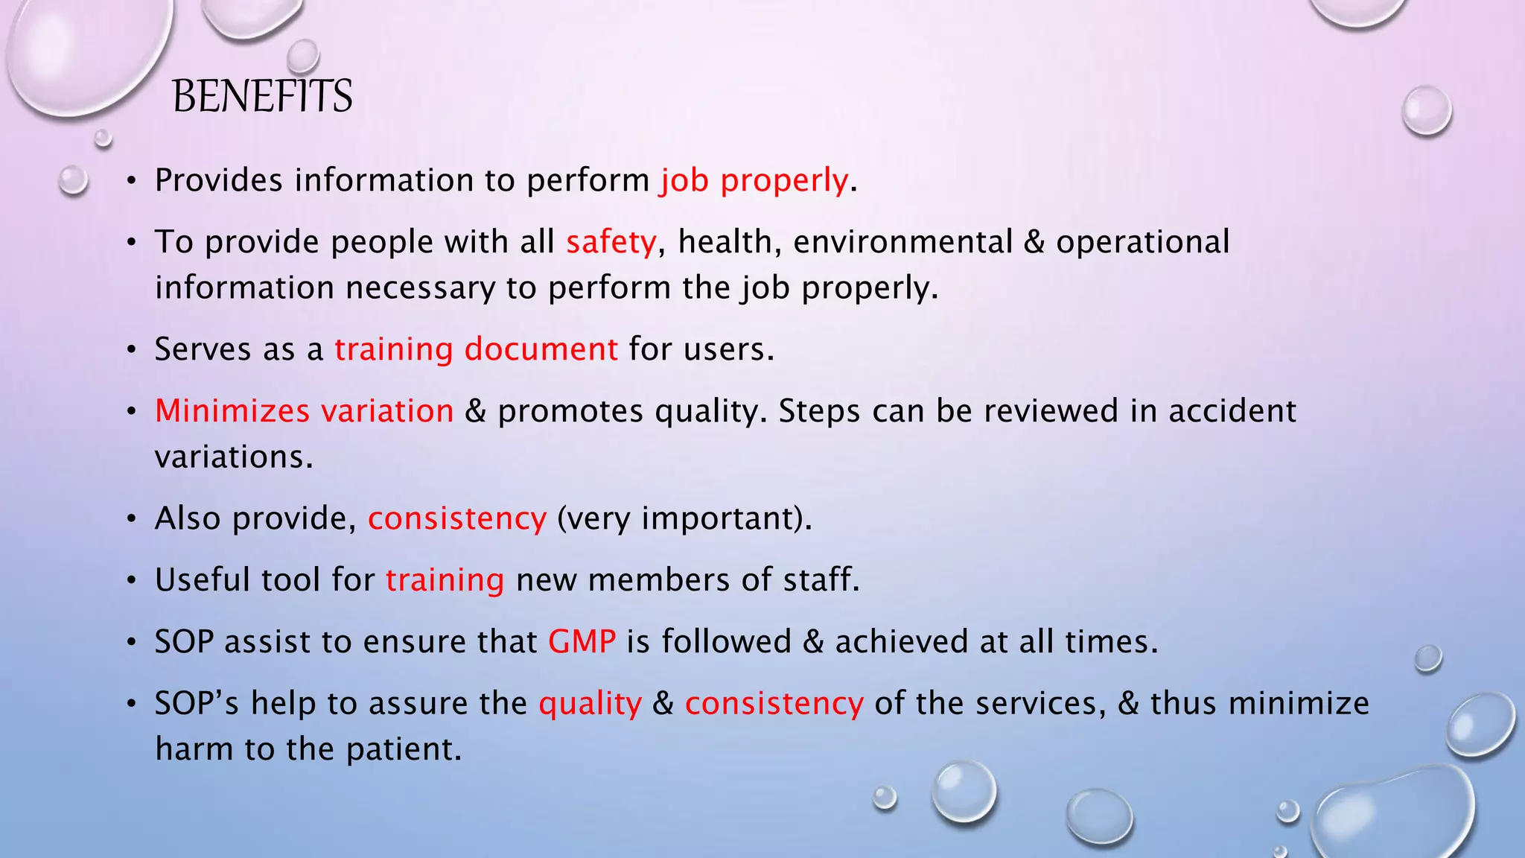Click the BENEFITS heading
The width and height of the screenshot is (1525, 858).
262,97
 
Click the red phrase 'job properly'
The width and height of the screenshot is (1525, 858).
754,180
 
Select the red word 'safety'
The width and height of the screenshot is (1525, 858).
611,242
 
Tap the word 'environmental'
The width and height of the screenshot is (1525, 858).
902,242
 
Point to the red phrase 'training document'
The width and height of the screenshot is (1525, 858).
476,349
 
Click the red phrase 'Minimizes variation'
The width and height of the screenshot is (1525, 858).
304,411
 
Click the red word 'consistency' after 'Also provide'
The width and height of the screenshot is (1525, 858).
456,518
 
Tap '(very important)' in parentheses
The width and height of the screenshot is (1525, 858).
684,518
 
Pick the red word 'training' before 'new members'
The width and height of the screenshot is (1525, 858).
445,580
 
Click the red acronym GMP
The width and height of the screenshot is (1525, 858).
582,642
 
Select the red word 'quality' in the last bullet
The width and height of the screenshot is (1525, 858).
590,704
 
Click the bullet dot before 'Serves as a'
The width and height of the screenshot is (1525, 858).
131,350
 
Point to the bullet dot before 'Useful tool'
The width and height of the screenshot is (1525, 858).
131,581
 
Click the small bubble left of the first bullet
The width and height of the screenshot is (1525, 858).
73,180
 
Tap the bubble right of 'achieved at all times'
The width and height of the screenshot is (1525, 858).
1427,658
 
